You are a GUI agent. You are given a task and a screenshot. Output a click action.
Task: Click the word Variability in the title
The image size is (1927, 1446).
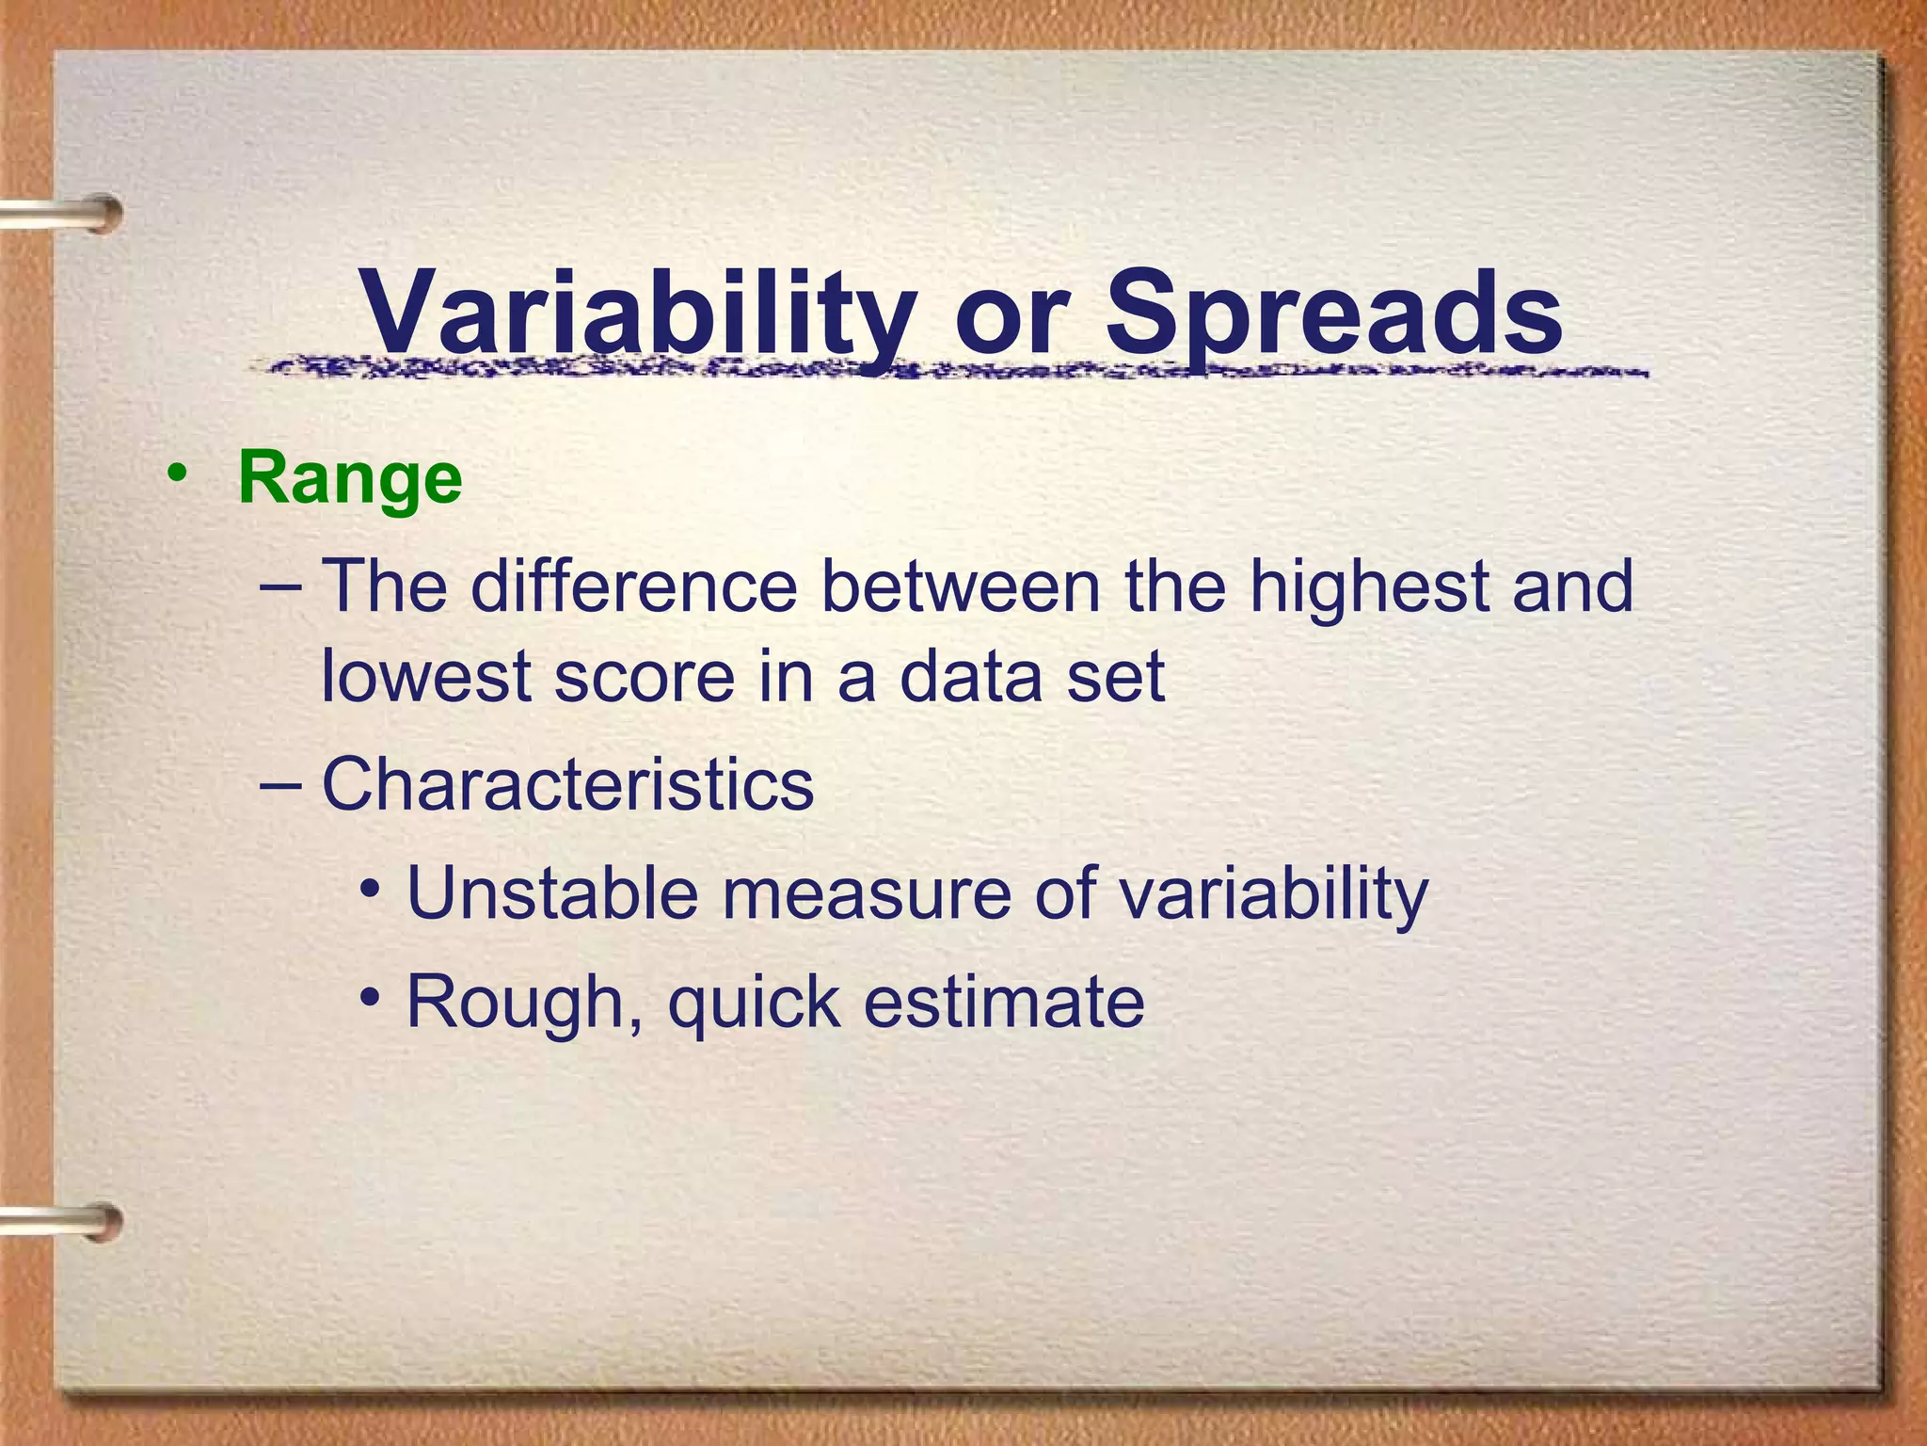tap(639, 313)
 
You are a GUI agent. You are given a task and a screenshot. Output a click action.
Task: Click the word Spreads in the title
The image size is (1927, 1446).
tap(1333, 313)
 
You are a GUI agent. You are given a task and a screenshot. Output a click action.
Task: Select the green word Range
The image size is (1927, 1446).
tap(350, 480)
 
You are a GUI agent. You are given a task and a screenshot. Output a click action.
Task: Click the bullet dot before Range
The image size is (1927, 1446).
tap(176, 474)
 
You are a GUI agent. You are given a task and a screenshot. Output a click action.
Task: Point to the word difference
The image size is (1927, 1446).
tap(633, 586)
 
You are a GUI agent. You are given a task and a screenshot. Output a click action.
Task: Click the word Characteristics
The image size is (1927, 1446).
tap(567, 784)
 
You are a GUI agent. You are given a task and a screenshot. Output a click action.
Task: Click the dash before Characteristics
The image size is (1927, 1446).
tap(280, 784)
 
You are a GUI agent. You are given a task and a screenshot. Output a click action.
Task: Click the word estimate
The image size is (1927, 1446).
tap(1003, 1002)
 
